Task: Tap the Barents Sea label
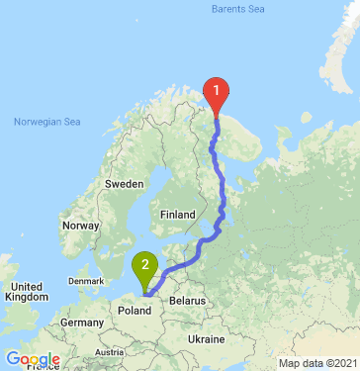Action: tap(238, 10)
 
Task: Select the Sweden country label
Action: tap(126, 185)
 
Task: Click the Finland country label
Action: tap(179, 214)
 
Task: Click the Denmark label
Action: tap(86, 281)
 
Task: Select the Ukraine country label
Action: tap(207, 339)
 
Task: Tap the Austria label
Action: tap(109, 352)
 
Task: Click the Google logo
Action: tap(32, 360)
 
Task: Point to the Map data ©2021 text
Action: tap(316, 363)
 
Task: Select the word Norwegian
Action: tap(37, 122)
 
